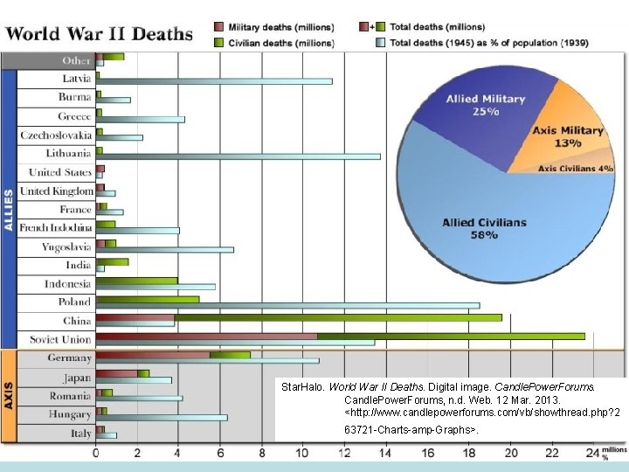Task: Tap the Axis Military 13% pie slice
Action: coord(568,136)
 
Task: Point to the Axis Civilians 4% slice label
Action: coord(575,169)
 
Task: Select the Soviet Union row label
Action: coord(61,339)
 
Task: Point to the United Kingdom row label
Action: coord(56,191)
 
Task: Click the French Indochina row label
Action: coord(56,228)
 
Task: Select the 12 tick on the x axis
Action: coord(344,453)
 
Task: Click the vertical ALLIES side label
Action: coord(9,210)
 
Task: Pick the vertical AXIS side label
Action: coord(9,396)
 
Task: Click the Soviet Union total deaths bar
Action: coord(341,336)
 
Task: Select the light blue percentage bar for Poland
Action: coord(288,305)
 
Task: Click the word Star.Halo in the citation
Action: coord(299,385)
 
